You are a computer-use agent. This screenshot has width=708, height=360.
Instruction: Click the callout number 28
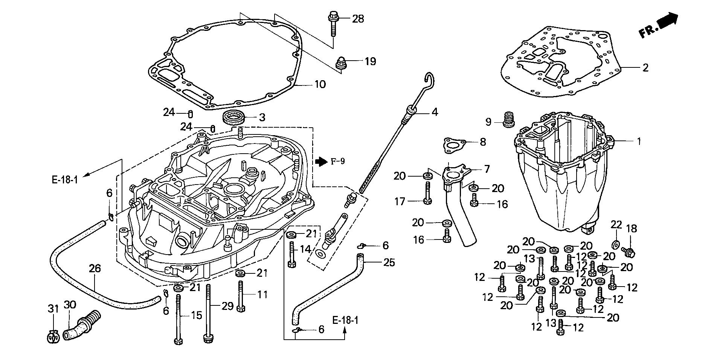358,18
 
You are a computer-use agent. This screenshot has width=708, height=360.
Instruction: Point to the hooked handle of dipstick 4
430,79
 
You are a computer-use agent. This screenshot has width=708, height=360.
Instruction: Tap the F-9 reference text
338,162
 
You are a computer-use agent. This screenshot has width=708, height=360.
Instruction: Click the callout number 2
645,68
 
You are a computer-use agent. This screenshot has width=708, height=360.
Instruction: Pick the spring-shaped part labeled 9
509,119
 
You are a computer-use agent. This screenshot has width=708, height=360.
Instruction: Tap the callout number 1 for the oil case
638,142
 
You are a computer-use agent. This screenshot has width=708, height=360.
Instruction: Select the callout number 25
389,262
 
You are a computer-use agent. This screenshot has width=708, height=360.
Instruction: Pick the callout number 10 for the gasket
320,84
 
